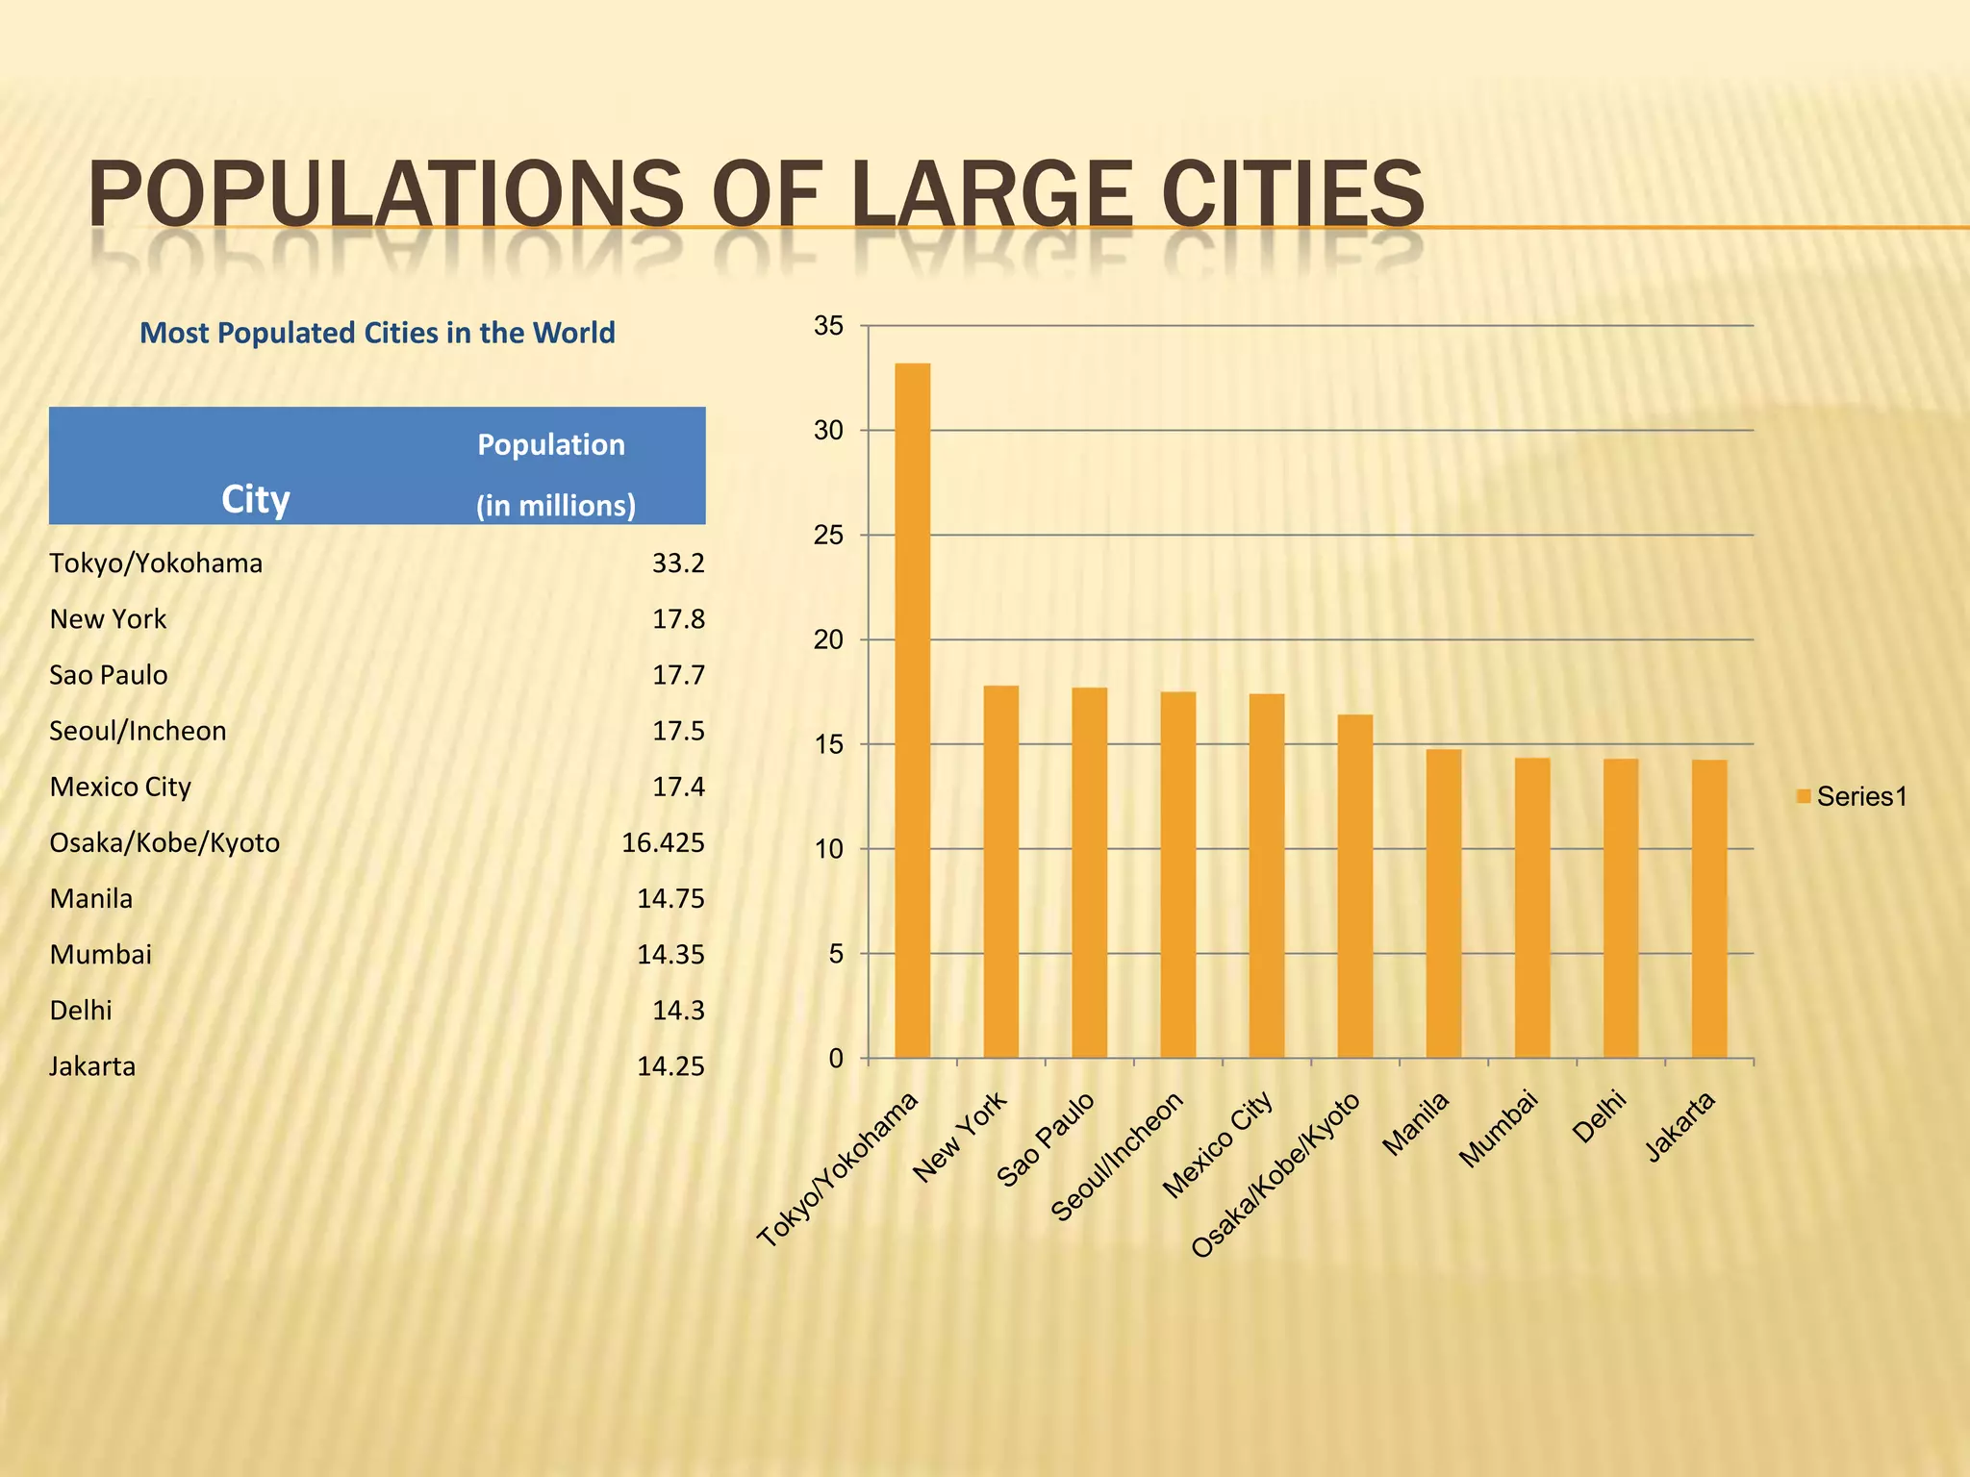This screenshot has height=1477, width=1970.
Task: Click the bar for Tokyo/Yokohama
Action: (912, 711)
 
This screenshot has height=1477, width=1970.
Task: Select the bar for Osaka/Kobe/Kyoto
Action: (1354, 886)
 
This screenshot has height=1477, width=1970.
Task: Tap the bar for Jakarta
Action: (1708, 909)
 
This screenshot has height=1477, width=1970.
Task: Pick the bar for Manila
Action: (1443, 903)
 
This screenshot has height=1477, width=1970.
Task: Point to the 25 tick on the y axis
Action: (828, 536)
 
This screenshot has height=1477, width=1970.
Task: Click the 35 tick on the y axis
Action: (828, 326)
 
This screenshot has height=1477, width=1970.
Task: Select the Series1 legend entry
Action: (1852, 796)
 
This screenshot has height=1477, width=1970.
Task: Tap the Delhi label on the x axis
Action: (1600, 1116)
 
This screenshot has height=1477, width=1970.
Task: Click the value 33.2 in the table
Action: (678, 563)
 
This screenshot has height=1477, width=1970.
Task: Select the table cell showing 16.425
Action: (663, 843)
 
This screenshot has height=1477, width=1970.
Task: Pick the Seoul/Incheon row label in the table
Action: (138, 731)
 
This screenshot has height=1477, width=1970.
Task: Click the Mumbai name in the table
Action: (101, 955)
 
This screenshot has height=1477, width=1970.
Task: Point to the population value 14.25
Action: (670, 1066)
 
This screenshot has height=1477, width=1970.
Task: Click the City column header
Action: (256, 499)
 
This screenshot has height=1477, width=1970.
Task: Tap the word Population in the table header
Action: (551, 444)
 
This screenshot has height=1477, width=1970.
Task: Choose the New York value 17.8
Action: (678, 619)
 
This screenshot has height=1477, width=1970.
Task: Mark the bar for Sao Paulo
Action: (1089, 872)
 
